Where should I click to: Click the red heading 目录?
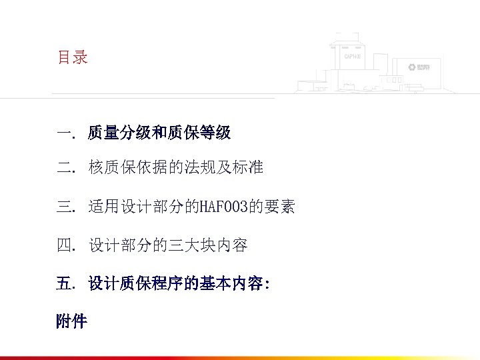[72, 58]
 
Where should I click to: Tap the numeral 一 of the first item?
[65, 133]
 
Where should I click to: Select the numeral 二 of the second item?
[65, 169]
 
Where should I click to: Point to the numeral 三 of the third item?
[65, 208]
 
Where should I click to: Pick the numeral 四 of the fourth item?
[65, 246]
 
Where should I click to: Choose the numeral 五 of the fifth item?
[65, 284]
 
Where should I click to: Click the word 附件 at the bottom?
[72, 322]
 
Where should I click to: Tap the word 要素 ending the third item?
[278, 208]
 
